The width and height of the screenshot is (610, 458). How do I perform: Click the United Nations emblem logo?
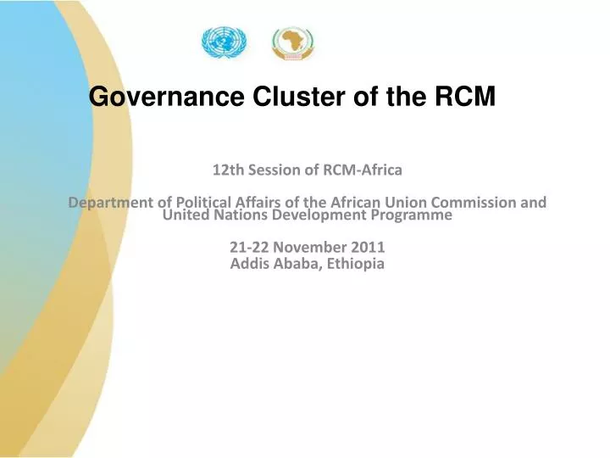[223, 42]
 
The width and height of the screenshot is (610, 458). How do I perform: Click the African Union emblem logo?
[292, 43]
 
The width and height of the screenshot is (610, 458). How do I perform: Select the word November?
[308, 248]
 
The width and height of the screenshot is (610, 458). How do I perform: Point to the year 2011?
[369, 248]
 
